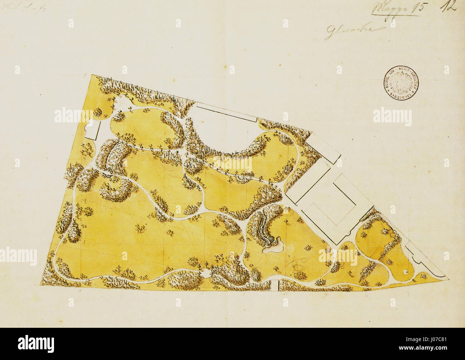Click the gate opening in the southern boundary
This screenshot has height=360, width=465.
[x=275, y=286]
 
